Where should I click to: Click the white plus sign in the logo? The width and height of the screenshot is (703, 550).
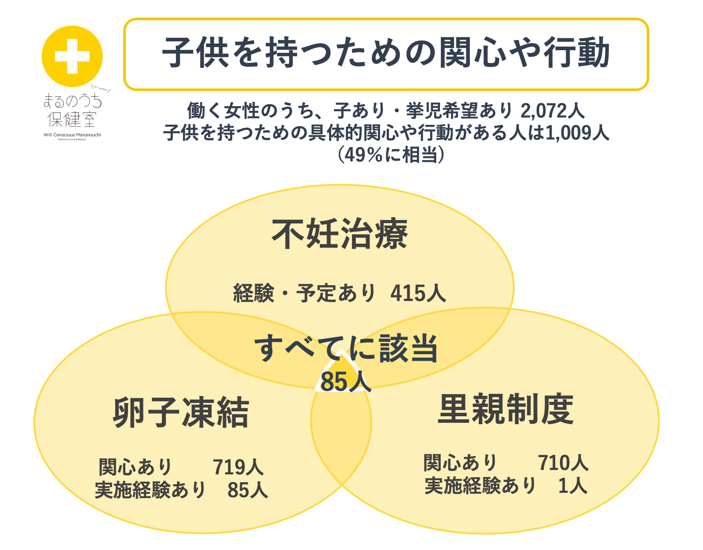(72, 56)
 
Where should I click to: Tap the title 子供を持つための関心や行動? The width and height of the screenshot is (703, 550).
(386, 54)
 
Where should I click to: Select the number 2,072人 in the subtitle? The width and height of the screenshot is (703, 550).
(553, 111)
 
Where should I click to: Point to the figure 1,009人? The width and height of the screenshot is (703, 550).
(577, 133)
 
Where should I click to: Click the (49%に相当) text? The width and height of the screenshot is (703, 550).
(390, 154)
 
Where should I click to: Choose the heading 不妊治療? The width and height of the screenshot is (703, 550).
(340, 234)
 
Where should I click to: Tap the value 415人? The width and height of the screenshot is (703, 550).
(418, 293)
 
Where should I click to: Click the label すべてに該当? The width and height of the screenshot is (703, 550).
(347, 348)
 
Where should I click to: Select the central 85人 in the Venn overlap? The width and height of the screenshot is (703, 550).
(345, 381)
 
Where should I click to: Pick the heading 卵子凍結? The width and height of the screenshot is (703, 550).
(181, 413)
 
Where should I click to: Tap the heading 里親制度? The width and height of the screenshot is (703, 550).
(506, 409)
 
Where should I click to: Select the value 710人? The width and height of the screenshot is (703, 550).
(563, 463)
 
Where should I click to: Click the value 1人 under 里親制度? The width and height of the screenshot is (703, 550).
(572, 486)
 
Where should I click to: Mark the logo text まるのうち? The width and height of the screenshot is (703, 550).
(72, 101)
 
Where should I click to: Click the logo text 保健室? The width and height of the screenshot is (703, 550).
(72, 119)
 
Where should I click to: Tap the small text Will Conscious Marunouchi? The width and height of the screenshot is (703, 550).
(72, 135)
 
